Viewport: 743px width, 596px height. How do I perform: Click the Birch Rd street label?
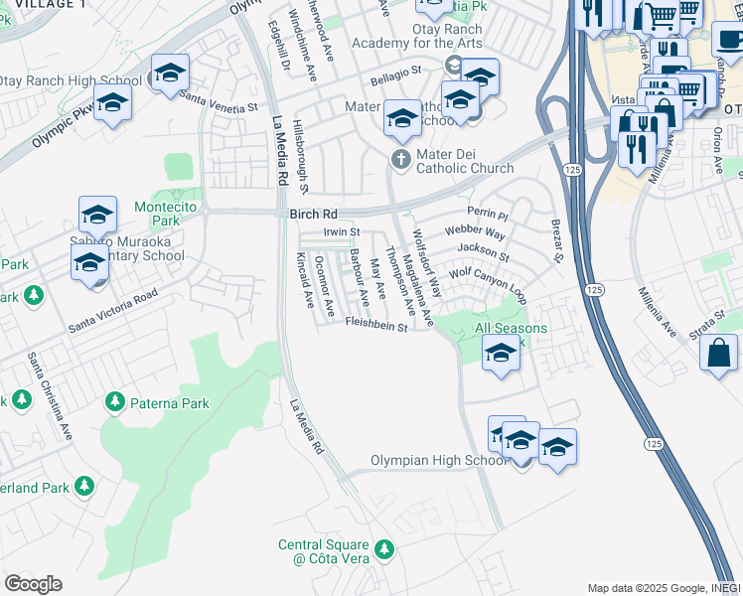click(313, 214)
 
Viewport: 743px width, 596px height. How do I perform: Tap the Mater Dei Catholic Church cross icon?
click(400, 159)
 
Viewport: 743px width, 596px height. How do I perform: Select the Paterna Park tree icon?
click(115, 402)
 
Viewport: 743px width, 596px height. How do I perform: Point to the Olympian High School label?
click(438, 460)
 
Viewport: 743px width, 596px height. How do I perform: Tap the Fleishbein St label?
click(376, 324)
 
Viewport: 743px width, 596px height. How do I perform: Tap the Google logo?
click(33, 583)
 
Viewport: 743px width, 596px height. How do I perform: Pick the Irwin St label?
click(341, 231)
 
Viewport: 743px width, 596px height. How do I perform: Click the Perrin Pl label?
click(487, 214)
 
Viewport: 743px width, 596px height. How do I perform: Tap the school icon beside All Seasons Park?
click(501, 353)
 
